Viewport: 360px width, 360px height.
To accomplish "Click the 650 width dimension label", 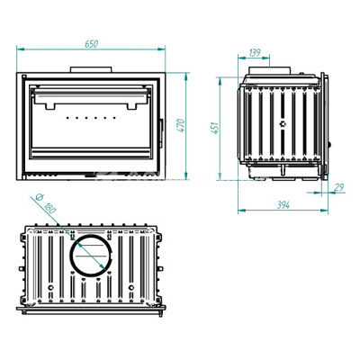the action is coord(91,44).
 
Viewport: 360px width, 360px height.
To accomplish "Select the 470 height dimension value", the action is coord(181,125).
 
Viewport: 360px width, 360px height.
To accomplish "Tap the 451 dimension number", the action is coord(215,128).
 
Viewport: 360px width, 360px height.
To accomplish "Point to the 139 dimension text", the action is coord(255,53).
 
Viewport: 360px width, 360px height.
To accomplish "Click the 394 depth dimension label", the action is coord(283,205).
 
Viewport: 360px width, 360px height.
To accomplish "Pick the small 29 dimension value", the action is coord(338,188).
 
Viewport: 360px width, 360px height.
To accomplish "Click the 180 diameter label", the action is coord(49,208).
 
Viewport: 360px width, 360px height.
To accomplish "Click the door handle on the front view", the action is coord(161,133).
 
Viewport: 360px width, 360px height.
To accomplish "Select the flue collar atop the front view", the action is coord(91,69).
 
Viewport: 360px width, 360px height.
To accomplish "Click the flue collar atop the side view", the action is coord(269,70).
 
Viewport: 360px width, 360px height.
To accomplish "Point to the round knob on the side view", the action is coord(329,145).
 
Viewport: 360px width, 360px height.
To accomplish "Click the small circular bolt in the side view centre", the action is coord(283,123).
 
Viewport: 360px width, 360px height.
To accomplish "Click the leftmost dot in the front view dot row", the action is coord(67,118).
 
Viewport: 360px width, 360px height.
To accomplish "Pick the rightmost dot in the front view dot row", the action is coord(114,118).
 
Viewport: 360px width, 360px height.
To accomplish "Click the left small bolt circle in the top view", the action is coord(50,288).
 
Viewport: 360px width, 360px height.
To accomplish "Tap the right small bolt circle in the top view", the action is coord(131,288).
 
